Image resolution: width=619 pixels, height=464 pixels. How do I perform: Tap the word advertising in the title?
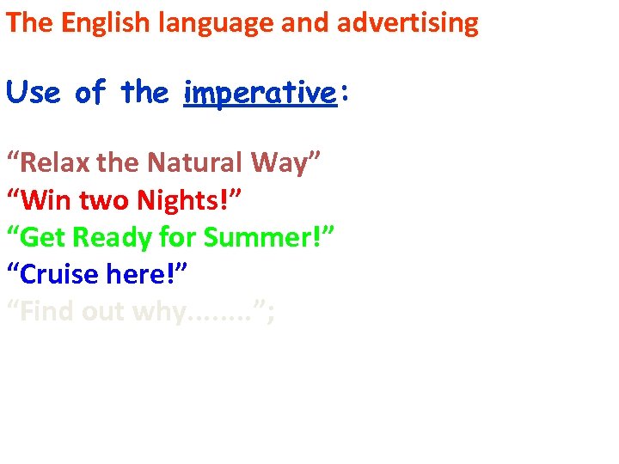[x=408, y=23]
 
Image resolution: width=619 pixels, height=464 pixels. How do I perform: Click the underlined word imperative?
[x=259, y=93]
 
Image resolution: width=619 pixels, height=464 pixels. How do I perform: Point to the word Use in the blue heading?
[x=34, y=92]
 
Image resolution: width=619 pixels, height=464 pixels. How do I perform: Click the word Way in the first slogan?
[x=284, y=162]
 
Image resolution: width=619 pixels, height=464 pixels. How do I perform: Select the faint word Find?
[x=48, y=313]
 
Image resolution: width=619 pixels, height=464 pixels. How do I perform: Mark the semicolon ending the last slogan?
[x=272, y=314]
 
